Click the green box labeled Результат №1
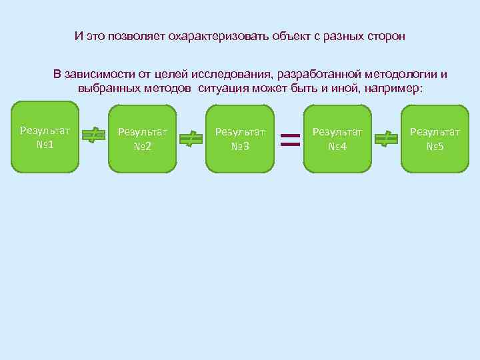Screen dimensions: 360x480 tap(45, 137)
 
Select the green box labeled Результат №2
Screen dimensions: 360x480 tap(143, 139)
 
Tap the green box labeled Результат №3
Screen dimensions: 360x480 tap(240, 139)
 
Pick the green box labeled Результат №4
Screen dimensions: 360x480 tap(337, 139)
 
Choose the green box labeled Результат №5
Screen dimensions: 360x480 tap(435, 139)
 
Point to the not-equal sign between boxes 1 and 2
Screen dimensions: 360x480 tap(94, 136)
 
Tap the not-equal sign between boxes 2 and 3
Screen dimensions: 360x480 tap(191, 139)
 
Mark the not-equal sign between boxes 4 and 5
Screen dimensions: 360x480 tap(386, 139)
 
